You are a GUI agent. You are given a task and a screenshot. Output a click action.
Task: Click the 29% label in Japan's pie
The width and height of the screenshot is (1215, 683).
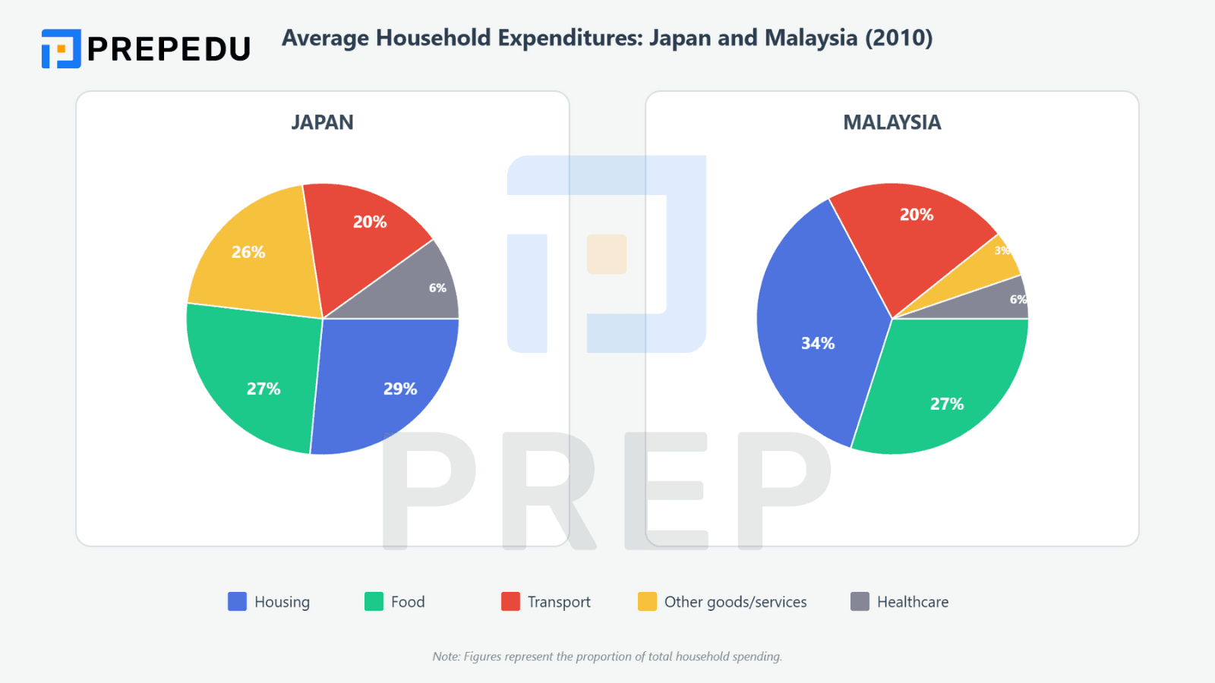(400, 389)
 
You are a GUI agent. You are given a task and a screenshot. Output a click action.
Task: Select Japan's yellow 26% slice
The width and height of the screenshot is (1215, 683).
(251, 258)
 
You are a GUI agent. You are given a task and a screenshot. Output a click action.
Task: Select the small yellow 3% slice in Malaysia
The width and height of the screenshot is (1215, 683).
(999, 258)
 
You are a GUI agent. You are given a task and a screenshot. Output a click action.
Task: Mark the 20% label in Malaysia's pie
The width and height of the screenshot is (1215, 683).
(917, 215)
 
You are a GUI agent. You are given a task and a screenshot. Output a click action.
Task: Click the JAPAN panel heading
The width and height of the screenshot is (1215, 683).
(322, 122)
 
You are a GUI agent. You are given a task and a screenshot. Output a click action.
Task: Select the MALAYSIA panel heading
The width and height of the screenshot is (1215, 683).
(892, 122)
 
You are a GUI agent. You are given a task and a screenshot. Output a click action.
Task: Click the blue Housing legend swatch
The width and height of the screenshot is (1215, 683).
(237, 602)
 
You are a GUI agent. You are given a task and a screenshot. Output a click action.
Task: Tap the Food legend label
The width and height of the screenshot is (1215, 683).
(408, 602)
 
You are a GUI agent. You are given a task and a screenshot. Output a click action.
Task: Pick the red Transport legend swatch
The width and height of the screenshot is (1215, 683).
(510, 602)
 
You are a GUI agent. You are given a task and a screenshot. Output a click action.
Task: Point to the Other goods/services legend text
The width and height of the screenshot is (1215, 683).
(735, 602)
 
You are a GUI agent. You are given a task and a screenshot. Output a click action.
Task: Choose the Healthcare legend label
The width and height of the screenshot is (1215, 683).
(913, 602)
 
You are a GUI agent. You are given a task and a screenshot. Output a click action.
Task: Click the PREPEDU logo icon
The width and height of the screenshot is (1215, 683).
(61, 49)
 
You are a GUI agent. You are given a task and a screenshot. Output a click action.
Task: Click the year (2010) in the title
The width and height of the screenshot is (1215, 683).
(899, 38)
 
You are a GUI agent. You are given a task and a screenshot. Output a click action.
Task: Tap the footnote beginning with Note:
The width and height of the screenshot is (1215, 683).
(607, 656)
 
